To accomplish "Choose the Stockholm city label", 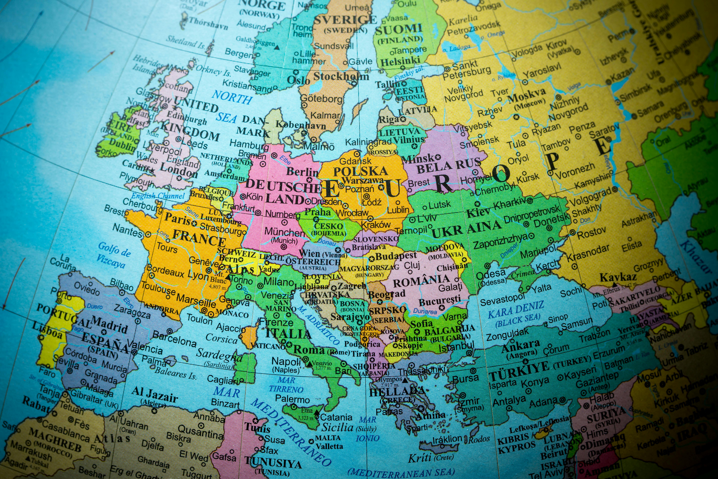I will coord(341,76).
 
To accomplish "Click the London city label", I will coord(179,170).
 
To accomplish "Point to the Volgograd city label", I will coord(590,197).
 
